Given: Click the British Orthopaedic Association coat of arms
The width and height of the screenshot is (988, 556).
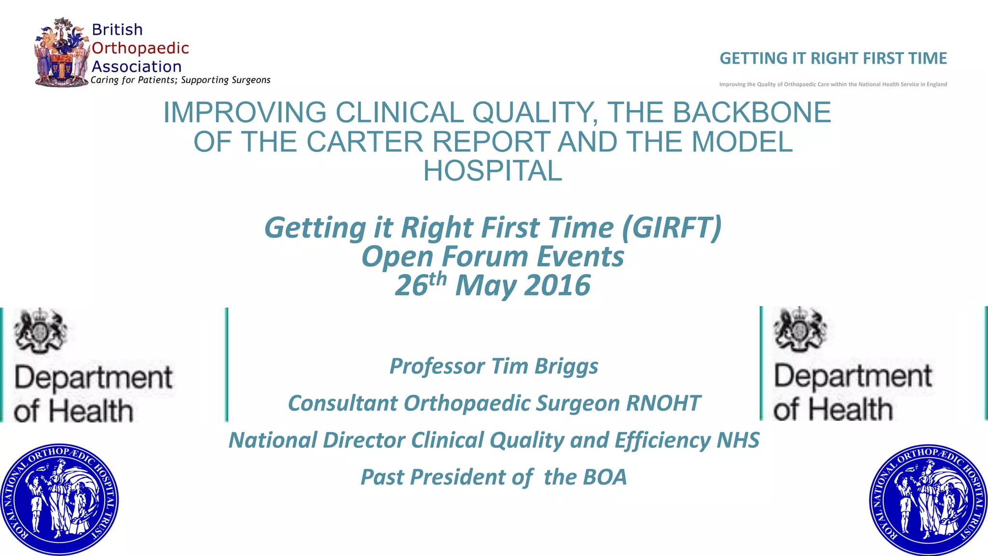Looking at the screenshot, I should [x=62, y=53].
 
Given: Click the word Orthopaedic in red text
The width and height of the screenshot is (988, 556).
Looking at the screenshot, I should [x=140, y=48].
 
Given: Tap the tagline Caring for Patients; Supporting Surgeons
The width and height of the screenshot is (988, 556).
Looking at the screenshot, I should [x=180, y=80].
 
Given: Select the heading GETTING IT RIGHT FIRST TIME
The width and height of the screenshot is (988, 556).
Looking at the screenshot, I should [x=833, y=58].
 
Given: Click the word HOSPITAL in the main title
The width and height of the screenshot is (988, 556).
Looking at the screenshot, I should [x=493, y=171].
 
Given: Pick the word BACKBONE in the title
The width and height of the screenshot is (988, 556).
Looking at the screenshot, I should [x=752, y=112].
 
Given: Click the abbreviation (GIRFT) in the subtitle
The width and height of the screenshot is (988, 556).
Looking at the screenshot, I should [x=672, y=227].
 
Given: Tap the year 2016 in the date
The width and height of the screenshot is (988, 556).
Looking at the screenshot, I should [x=557, y=285].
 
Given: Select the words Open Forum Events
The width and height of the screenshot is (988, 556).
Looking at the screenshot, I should [x=493, y=256].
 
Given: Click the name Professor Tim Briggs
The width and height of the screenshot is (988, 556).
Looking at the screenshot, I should [x=494, y=366].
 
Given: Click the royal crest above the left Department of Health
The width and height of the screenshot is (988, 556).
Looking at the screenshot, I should [x=41, y=330].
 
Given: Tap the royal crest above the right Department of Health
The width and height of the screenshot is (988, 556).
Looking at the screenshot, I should [x=800, y=328].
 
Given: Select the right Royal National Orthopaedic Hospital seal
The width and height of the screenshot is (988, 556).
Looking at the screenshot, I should [x=929, y=500].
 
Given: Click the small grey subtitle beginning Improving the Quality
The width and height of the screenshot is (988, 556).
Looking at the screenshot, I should [x=833, y=84].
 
